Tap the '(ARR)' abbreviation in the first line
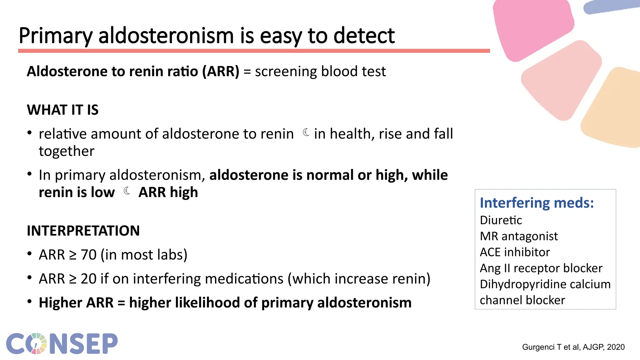coord(221,71)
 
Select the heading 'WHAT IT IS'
coord(62,110)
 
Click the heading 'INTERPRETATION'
coord(83,231)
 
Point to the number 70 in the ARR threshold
coord(89,255)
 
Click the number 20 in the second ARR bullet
coord(89,279)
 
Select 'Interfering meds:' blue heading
coord(537,203)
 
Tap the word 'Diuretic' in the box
coord(501,220)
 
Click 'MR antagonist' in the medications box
coord(518,236)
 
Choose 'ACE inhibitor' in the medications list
coord(515,252)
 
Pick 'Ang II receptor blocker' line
coord(541,268)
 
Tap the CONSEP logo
coord(62,343)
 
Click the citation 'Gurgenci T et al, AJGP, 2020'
coord(573,347)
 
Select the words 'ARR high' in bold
coord(168,192)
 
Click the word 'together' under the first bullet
coord(66,151)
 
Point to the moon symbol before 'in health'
coord(306,133)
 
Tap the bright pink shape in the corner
coord(533,28)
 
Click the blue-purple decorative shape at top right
coord(609,7)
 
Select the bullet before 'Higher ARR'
coord(29,302)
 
